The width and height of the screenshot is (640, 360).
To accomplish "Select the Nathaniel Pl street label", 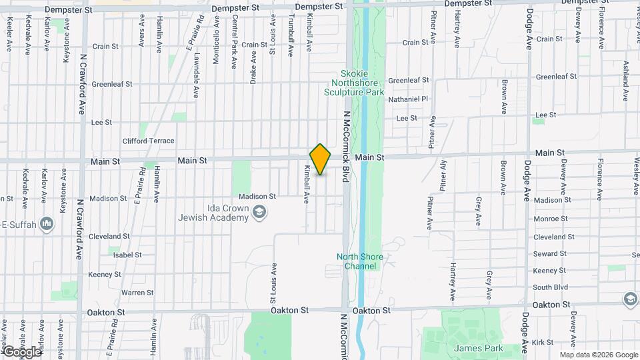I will click(407, 99).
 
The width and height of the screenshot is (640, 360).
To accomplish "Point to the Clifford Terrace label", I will click(148, 141).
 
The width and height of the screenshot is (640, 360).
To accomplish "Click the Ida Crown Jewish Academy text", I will click(213, 213).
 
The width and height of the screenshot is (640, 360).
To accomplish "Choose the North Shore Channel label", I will click(357, 261).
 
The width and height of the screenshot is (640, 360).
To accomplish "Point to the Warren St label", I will click(137, 293).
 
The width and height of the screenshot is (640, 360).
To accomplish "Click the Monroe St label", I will click(550, 218).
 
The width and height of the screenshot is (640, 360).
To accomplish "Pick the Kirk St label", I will click(544, 342).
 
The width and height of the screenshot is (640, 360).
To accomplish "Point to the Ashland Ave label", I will click(626, 81).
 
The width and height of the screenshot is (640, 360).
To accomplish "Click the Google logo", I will click(22, 351).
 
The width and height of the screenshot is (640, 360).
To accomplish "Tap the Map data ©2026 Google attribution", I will click(599, 355).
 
